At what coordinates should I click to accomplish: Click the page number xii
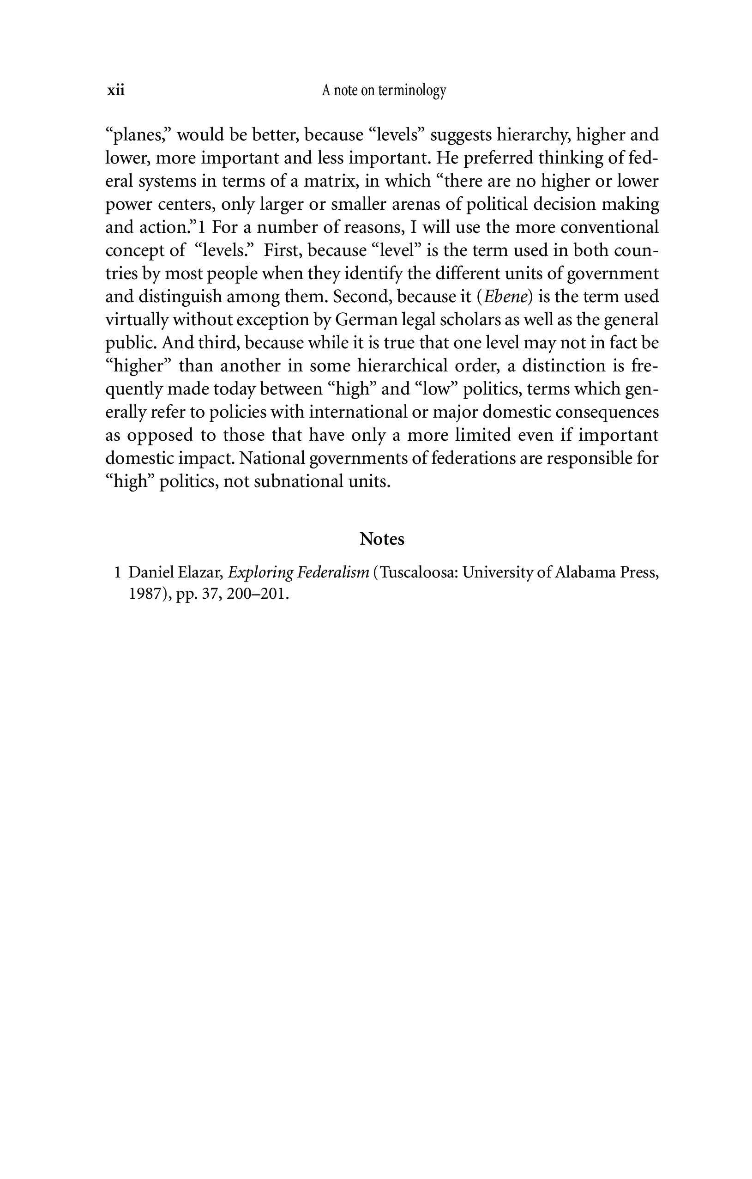[x=116, y=91]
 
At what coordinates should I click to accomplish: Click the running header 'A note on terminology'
[x=384, y=91]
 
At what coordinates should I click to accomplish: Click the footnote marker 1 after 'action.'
[x=202, y=228]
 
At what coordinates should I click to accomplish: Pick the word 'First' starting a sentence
[x=281, y=251]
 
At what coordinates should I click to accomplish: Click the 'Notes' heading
[x=382, y=539]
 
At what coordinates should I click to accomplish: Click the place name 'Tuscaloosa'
[x=418, y=572]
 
